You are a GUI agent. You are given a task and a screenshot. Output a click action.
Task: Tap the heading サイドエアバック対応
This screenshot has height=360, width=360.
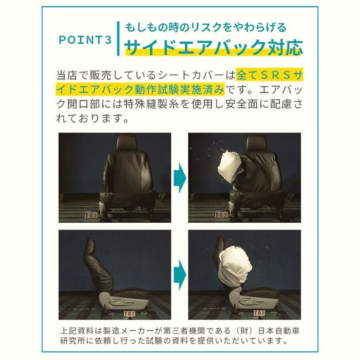(x=214, y=47)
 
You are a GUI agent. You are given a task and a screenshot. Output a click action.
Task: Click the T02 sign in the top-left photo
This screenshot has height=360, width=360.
(x=90, y=216)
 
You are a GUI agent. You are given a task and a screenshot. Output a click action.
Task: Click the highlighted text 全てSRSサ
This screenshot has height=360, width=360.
(x=269, y=75)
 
